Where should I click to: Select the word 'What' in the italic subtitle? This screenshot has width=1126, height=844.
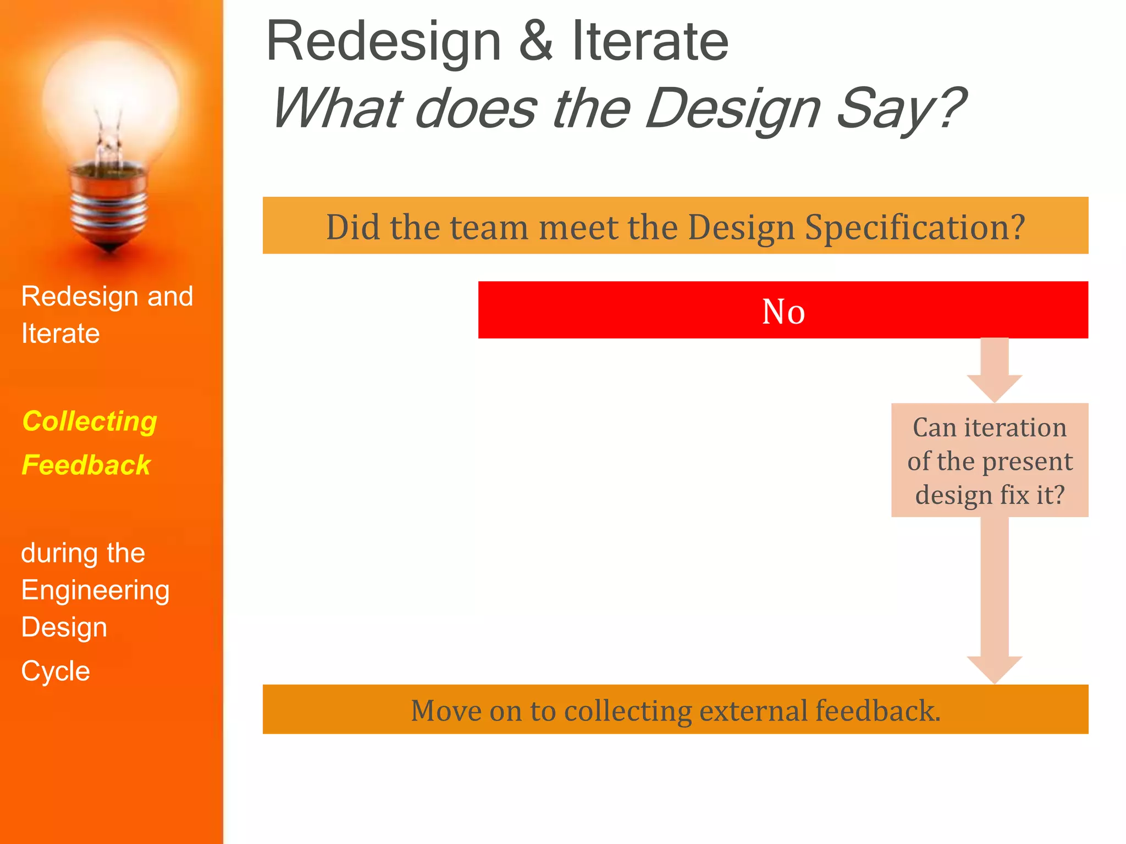(337, 108)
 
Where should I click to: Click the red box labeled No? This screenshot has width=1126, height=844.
(783, 310)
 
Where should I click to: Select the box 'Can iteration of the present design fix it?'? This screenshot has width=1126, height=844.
(990, 460)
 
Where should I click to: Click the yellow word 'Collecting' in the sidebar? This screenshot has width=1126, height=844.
(90, 422)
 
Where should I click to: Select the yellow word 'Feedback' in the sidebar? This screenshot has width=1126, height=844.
(86, 465)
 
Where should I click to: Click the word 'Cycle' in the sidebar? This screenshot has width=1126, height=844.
(56, 671)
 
